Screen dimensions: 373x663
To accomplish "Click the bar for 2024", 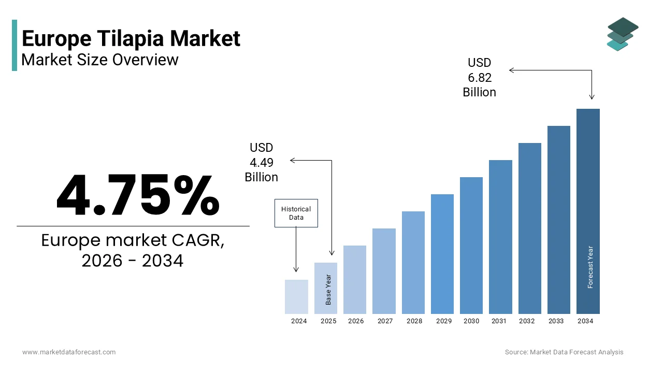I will tap(296, 297).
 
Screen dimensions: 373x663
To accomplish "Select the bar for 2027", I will tap(384, 271).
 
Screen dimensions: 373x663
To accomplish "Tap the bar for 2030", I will tap(471, 246).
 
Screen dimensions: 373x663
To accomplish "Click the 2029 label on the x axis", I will tap(443, 321).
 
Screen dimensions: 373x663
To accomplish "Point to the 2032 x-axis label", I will tap(527, 321).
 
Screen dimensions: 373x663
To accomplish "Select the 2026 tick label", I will tap(356, 321).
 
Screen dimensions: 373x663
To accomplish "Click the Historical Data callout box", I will tap(296, 213).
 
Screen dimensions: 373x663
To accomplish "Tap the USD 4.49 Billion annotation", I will tap(262, 163).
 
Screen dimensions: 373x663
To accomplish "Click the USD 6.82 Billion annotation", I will tap(479, 78).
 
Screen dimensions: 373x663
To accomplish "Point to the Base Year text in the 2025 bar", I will tap(328, 290).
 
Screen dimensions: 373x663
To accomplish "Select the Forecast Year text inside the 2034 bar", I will tap(590, 267).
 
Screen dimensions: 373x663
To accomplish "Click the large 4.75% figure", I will tap(138, 195).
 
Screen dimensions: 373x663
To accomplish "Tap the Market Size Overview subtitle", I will tap(100, 60).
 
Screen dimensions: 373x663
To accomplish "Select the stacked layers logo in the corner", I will tap(623, 34).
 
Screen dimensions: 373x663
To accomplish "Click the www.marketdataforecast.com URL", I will tap(69, 352).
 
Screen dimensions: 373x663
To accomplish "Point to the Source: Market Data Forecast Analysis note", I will tap(564, 352).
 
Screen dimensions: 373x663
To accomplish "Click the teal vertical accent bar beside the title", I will tap(15, 45).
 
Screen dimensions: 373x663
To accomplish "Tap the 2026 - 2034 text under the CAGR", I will tap(133, 261).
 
